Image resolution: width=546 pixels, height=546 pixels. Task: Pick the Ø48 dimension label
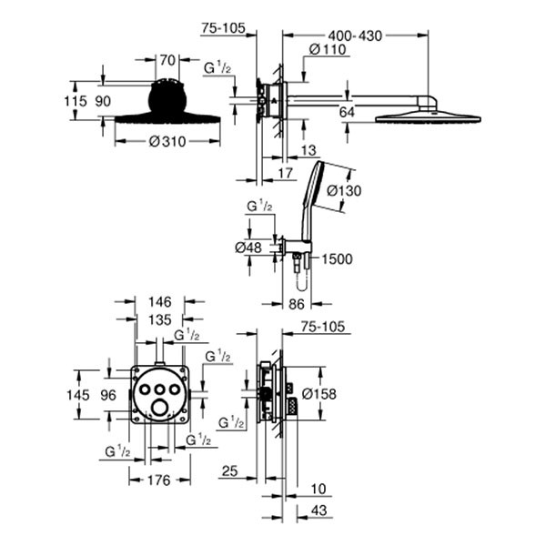249,246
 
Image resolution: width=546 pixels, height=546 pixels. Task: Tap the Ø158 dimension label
320,395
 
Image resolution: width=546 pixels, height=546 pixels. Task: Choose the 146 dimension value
159,301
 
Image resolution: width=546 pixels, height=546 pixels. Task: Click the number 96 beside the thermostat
107,395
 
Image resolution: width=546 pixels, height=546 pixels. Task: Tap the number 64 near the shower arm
346,112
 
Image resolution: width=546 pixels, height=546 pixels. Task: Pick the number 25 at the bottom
229,471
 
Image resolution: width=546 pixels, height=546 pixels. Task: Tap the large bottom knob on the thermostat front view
161,407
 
